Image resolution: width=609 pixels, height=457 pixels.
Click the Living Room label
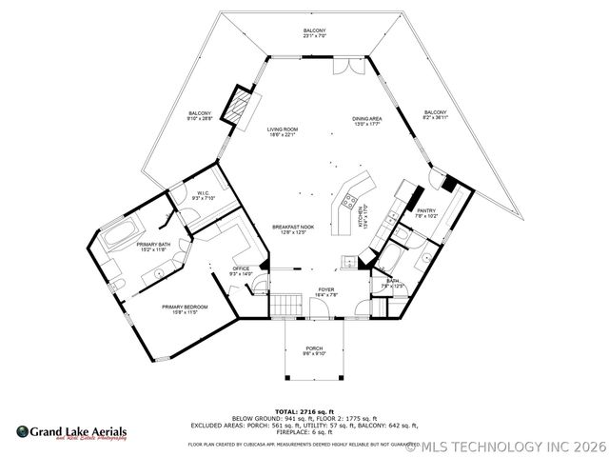tap(282, 131)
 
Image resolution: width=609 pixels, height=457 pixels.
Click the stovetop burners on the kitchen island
tap(346, 201)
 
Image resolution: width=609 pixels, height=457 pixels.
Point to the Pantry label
tap(425, 213)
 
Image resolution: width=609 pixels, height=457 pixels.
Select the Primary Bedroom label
tap(179, 308)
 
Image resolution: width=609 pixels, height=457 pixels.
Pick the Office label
tap(241, 271)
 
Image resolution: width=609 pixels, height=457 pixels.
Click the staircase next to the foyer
tap(286, 306)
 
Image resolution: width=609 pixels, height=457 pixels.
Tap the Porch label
tap(314, 350)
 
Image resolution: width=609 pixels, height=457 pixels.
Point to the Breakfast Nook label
tap(288, 229)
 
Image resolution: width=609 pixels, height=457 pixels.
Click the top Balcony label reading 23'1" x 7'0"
tap(315, 34)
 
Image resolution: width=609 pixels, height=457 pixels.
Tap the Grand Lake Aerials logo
tap(71, 432)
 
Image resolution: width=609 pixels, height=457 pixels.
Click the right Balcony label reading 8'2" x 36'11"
tap(436, 114)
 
